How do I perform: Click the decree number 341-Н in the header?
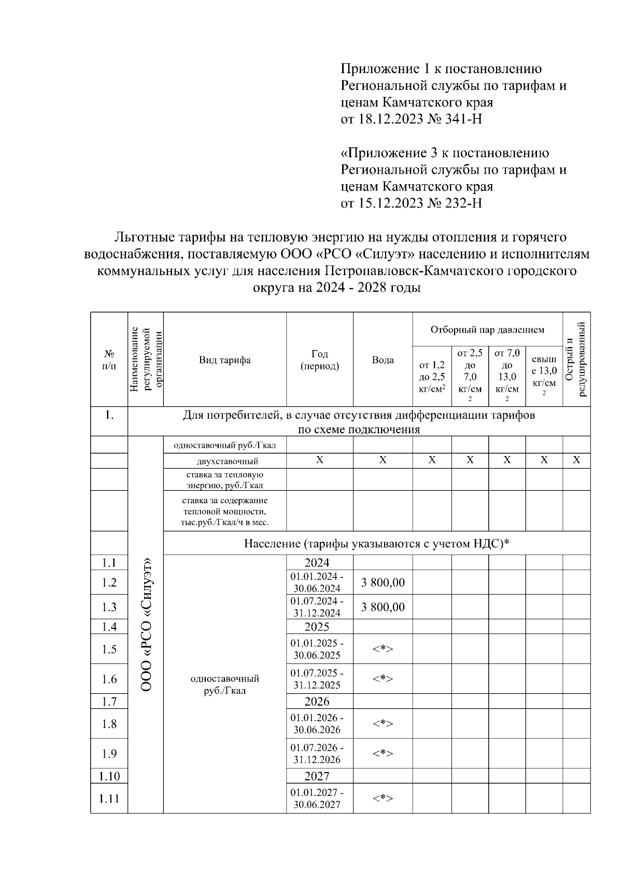point(463,119)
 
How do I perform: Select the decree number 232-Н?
point(463,203)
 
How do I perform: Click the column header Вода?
point(383,360)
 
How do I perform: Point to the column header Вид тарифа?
point(224,360)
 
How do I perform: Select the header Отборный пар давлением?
point(487,329)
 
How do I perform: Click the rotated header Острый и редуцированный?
point(576,359)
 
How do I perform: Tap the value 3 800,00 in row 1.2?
point(383,583)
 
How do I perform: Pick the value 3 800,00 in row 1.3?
point(383,607)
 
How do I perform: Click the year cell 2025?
point(317,627)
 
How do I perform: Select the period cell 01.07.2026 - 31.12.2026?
point(317,754)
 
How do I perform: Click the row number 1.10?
point(109,776)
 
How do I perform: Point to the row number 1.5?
point(109,649)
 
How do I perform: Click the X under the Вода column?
point(383,460)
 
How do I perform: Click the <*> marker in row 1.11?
point(383,799)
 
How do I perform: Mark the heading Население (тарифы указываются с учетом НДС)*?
point(377,543)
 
